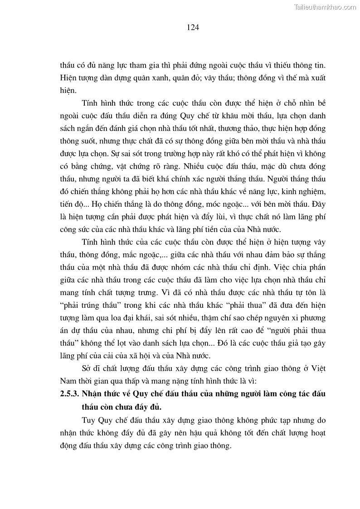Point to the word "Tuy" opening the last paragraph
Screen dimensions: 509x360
coord(89,420)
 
